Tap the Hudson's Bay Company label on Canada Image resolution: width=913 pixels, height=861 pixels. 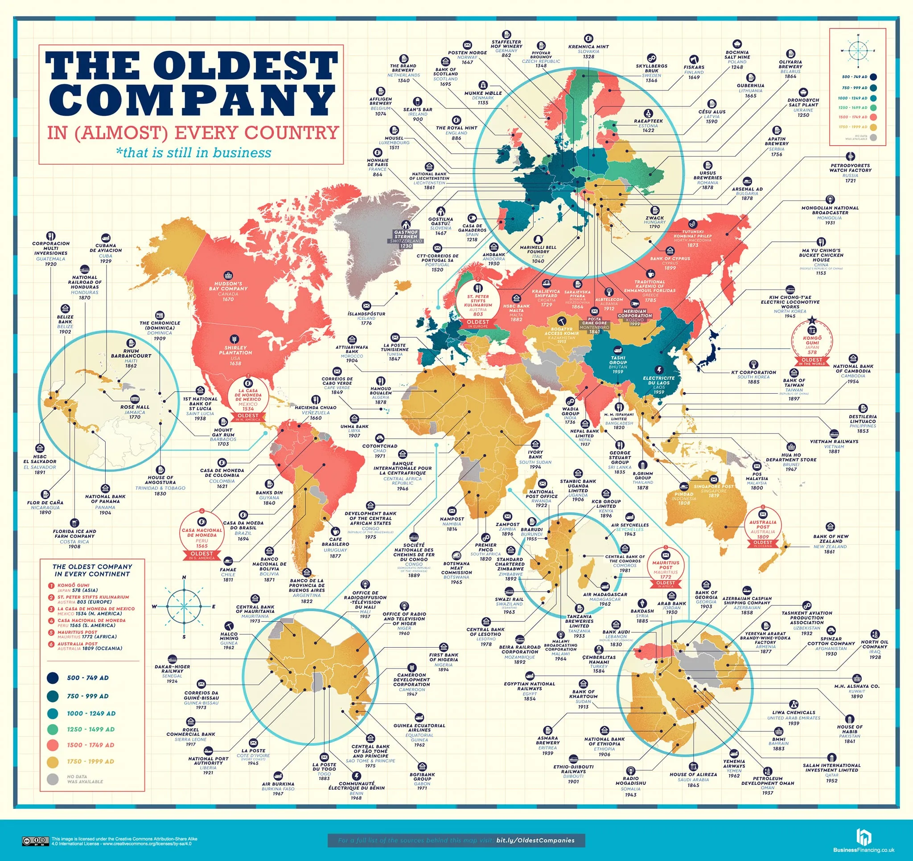[x=230, y=290]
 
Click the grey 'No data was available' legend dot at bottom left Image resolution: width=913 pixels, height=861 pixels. [x=53, y=779]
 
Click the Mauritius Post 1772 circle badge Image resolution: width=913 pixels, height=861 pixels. [x=666, y=566]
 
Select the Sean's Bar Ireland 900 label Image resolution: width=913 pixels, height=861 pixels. [x=417, y=110]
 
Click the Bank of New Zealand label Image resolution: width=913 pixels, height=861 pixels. [x=831, y=540]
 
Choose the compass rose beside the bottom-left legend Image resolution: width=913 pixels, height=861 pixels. [x=184, y=606]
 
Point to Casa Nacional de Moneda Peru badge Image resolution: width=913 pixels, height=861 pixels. [x=202, y=534]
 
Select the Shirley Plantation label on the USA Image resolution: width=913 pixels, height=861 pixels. [x=235, y=351]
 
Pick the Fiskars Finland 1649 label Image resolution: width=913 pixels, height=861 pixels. [x=694, y=70]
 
